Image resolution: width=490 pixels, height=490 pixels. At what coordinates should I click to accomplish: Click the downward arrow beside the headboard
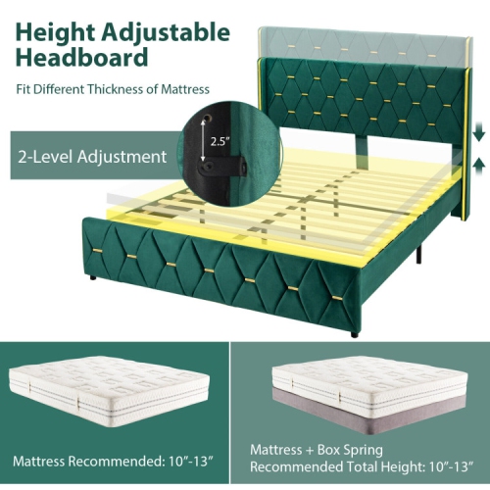coord(476,131)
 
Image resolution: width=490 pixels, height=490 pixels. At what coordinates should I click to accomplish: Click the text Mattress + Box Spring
coord(312,450)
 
